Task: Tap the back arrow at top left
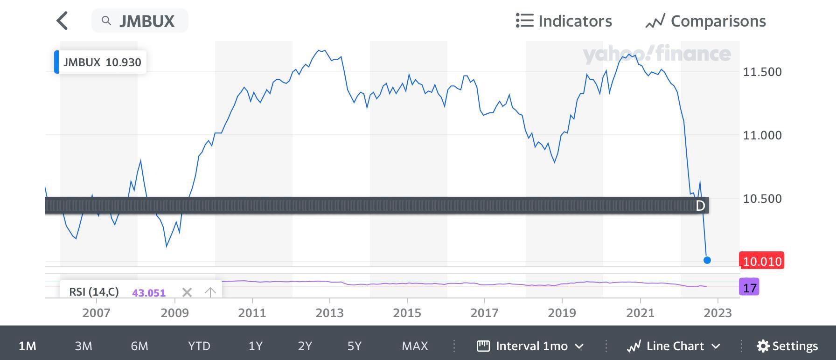tap(62, 21)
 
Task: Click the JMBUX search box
tap(140, 21)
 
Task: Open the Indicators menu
tap(564, 21)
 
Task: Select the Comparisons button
tap(705, 21)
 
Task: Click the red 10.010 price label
tap(762, 261)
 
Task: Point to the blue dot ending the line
tap(707, 260)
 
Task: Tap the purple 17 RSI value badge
tap(749, 288)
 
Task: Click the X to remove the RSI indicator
tap(187, 292)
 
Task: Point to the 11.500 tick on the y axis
tap(762, 72)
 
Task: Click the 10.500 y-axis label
tap(762, 199)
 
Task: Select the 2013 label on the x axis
tap(329, 313)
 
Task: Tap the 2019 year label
tap(562, 313)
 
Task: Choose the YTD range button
tap(199, 346)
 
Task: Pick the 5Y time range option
tap(355, 346)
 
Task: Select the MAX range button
tap(415, 346)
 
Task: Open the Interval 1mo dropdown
tap(530, 346)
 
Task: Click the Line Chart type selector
tap(674, 346)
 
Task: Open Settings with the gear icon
tap(787, 346)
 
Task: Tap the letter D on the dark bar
tap(700, 206)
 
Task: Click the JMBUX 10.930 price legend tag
tap(101, 62)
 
